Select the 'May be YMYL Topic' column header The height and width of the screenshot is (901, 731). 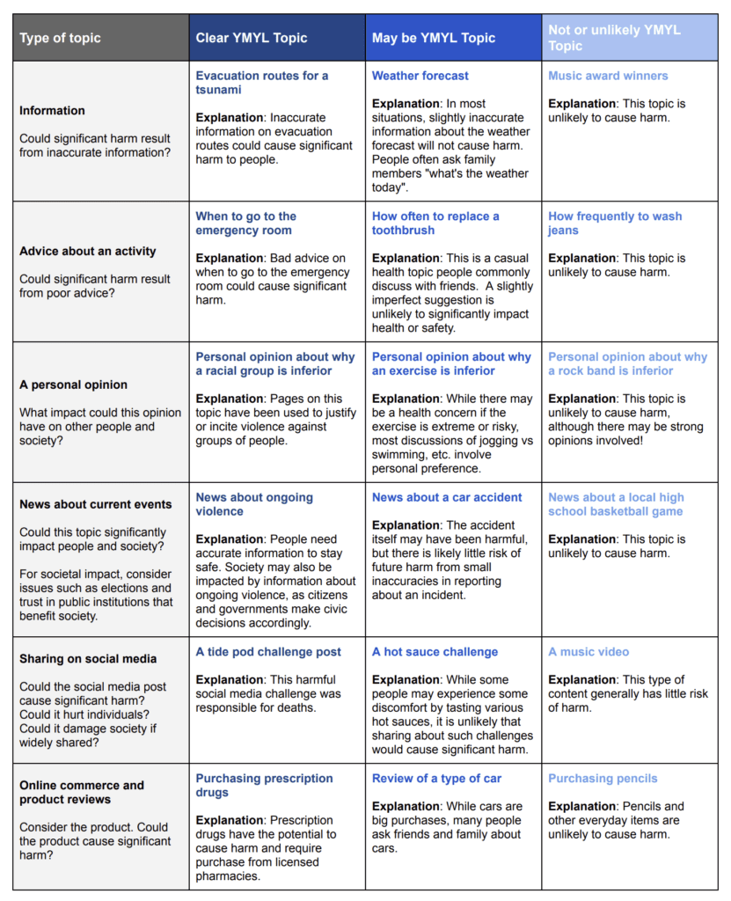[x=434, y=38]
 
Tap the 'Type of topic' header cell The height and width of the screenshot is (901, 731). [x=60, y=38]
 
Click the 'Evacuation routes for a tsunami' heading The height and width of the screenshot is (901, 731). [x=261, y=83]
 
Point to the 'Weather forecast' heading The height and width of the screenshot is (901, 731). [x=420, y=76]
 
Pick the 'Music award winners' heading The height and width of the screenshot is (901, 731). [x=608, y=76]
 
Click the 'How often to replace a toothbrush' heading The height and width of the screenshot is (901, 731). [x=435, y=223]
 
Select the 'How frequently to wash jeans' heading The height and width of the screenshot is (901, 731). [x=615, y=223]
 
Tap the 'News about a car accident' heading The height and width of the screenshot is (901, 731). [x=447, y=497]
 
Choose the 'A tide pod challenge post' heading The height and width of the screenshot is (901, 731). [x=268, y=652]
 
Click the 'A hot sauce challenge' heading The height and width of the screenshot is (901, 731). [x=435, y=652]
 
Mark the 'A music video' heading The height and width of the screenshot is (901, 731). [x=588, y=652]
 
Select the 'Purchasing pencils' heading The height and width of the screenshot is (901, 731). [x=603, y=779]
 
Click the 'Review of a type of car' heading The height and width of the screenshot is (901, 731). [x=437, y=779]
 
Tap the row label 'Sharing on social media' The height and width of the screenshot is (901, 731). [x=88, y=659]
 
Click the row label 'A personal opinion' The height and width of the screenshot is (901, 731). [x=73, y=385]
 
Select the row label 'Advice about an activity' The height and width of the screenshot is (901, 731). [x=87, y=251]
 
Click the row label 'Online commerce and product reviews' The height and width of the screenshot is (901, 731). [x=82, y=792]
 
